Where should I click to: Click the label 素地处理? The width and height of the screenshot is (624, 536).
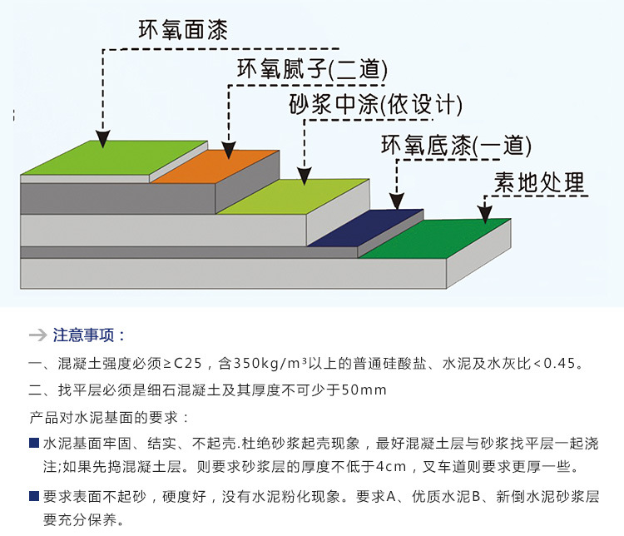[x=539, y=181]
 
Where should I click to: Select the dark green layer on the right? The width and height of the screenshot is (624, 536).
[x=437, y=238]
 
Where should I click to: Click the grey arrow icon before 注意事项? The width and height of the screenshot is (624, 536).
[x=37, y=335]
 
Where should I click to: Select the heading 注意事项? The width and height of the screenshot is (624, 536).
[x=88, y=335]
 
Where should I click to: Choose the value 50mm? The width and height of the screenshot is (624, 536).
[x=364, y=390]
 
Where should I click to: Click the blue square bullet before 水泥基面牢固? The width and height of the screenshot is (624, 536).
[x=33, y=442]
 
